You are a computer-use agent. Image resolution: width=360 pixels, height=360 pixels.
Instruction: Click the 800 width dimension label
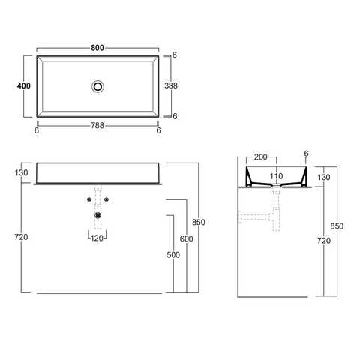97,48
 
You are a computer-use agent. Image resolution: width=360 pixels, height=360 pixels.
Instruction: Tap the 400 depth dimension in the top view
24,85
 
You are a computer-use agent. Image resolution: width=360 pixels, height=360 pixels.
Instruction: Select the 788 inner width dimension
97,125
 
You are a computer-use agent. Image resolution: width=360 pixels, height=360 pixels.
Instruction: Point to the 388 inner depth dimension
171,85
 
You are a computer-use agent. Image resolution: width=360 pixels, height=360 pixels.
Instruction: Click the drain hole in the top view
97,86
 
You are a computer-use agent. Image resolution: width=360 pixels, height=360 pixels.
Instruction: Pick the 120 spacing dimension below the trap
97,238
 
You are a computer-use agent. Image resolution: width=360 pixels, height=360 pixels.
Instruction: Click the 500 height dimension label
173,255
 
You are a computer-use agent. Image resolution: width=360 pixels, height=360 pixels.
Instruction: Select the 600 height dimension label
186,238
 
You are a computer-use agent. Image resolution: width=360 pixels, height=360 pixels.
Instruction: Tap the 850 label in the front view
199,222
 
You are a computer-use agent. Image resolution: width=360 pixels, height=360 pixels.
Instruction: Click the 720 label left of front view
21,237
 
